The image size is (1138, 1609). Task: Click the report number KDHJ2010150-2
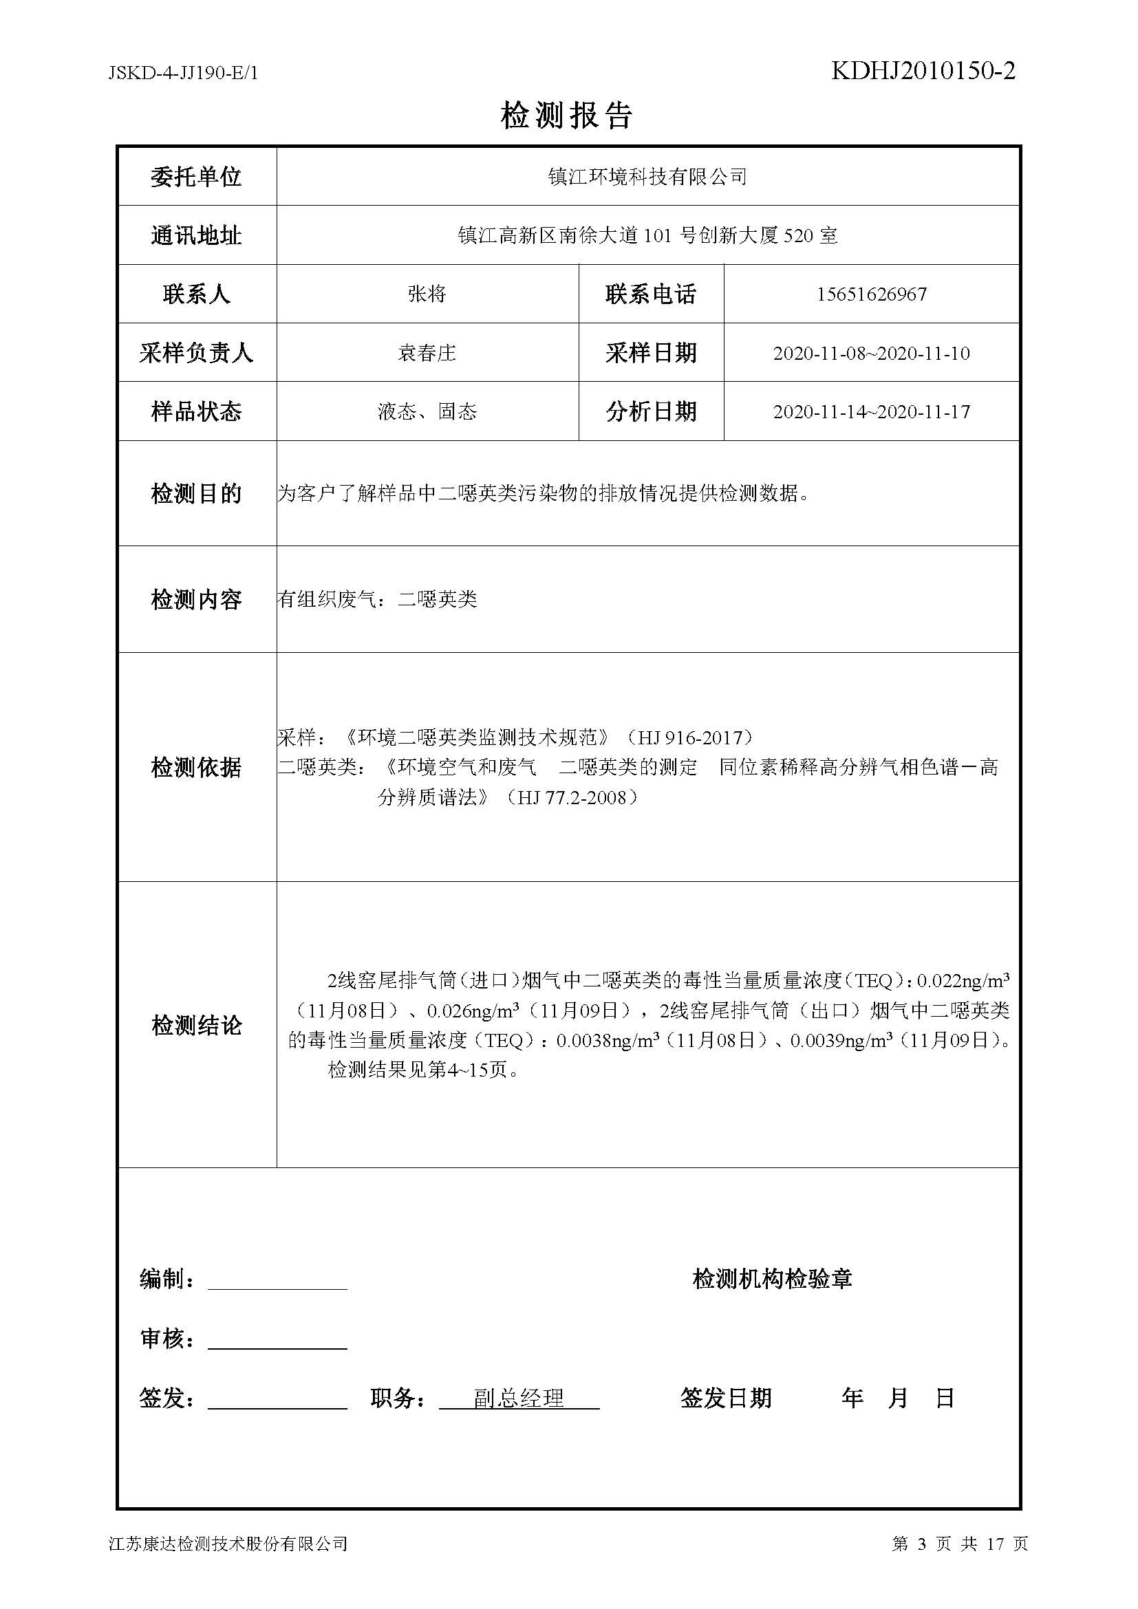[x=923, y=71]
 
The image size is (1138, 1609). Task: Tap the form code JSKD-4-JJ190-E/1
[x=184, y=73]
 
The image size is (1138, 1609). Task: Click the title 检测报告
[x=567, y=116]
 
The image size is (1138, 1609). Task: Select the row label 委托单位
[x=196, y=177]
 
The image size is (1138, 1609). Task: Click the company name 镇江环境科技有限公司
[x=647, y=177]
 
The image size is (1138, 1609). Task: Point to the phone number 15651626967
[x=871, y=294]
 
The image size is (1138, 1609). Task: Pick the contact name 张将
[x=427, y=294]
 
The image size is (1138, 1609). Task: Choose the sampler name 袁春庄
[x=427, y=352]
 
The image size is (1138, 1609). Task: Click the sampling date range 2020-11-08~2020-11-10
[x=871, y=353]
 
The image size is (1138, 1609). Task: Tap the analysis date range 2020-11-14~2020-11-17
[x=871, y=411]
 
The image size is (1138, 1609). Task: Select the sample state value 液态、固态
[x=427, y=411]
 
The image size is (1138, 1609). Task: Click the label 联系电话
[x=650, y=294]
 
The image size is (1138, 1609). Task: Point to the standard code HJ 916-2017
[x=689, y=737]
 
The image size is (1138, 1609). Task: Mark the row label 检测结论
[x=196, y=1025]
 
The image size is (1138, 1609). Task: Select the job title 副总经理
[x=519, y=1399]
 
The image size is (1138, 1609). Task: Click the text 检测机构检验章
[x=772, y=1279]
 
